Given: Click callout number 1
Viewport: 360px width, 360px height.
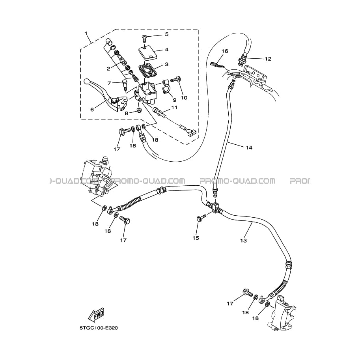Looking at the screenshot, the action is pos(86,34).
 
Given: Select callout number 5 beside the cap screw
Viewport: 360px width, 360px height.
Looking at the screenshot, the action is pos(167,34).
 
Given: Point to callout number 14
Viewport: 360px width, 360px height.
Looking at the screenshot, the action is pos(249,147).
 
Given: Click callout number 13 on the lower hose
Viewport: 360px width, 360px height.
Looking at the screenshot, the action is pos(243,241).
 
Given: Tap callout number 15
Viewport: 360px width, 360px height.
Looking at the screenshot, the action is pos(196,238).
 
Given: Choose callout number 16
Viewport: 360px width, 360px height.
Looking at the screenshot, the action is pos(225,51).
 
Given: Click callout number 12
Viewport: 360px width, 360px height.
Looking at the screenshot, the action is pos(268,59).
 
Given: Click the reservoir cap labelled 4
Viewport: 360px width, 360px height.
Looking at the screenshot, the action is pos(147,52).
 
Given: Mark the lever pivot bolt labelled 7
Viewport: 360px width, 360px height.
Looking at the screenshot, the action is pos(124,85).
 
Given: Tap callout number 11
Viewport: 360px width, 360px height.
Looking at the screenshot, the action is pos(174,108).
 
